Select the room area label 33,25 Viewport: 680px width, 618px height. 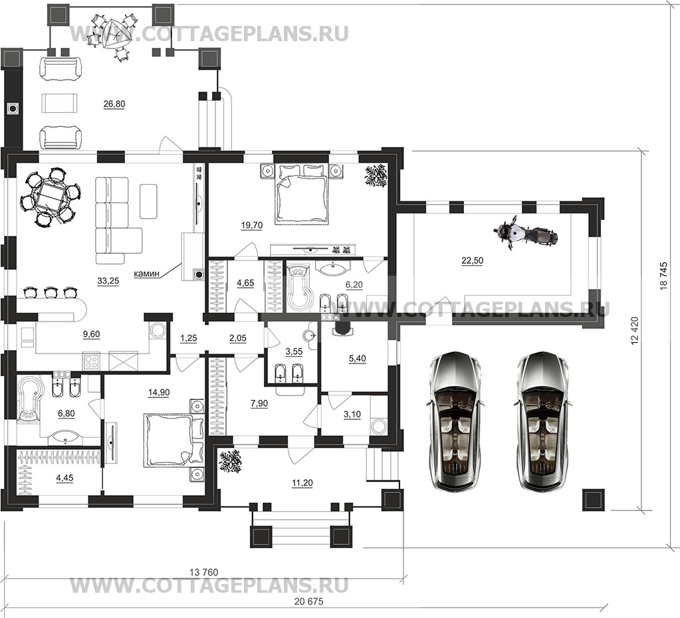tap(108, 281)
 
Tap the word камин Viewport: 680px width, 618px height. tap(147, 274)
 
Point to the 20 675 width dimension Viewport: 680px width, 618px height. tap(308, 601)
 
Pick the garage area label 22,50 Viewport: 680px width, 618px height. tap(472, 260)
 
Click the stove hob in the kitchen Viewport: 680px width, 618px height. tap(92, 361)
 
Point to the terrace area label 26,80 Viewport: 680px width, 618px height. tap(114, 104)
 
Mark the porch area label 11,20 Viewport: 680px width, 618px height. tap(302, 482)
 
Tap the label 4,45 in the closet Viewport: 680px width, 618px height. tap(64, 478)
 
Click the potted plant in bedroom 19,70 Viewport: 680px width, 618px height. tap(376, 175)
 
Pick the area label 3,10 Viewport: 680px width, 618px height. tap(352, 415)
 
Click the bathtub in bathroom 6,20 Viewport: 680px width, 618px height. tap(299, 287)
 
